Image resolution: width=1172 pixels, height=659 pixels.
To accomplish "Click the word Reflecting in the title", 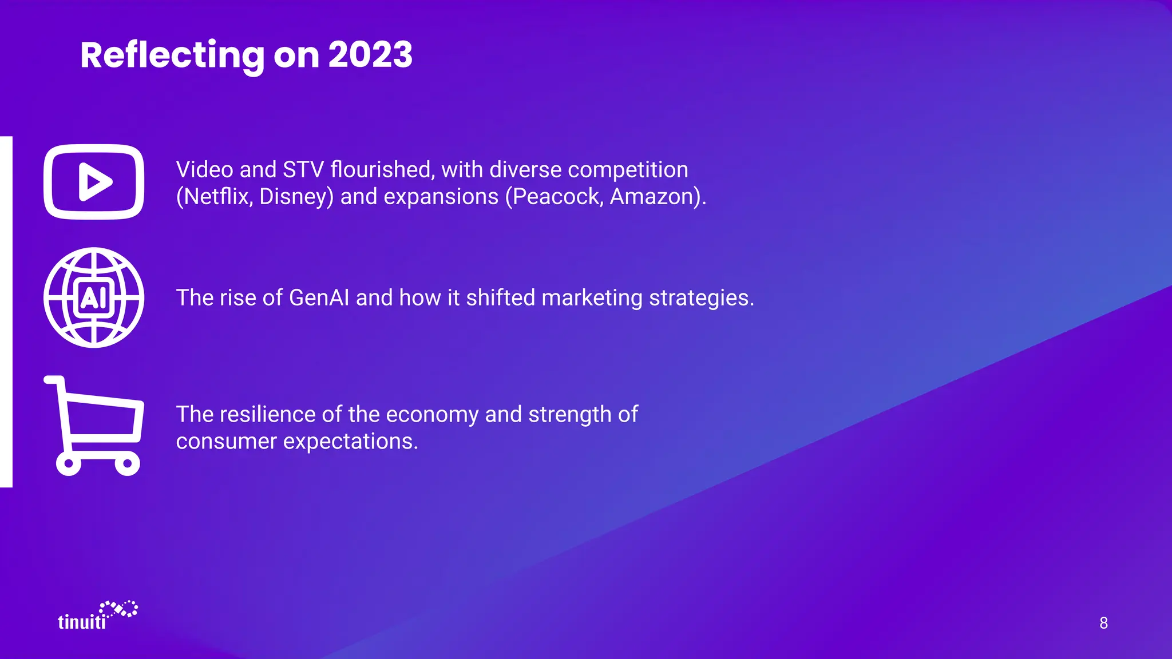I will (172, 55).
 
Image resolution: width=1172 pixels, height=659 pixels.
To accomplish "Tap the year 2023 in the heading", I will (370, 55).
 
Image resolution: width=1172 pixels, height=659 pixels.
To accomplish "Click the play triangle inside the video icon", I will (94, 182).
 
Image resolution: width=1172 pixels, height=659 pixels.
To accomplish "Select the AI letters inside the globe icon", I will (93, 297).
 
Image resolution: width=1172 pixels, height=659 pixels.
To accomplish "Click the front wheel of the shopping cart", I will (127, 463).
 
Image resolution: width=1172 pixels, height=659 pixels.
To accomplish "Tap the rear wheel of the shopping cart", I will (69, 463).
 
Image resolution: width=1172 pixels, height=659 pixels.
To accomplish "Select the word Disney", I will (296, 197).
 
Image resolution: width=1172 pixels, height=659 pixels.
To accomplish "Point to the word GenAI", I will (319, 298).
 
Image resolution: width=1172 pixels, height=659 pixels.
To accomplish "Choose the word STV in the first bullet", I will (303, 170).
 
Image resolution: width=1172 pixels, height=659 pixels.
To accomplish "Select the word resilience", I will (268, 414).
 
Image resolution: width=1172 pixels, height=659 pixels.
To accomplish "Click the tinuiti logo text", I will (82, 622).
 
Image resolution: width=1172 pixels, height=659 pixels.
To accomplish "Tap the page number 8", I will (1103, 623).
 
